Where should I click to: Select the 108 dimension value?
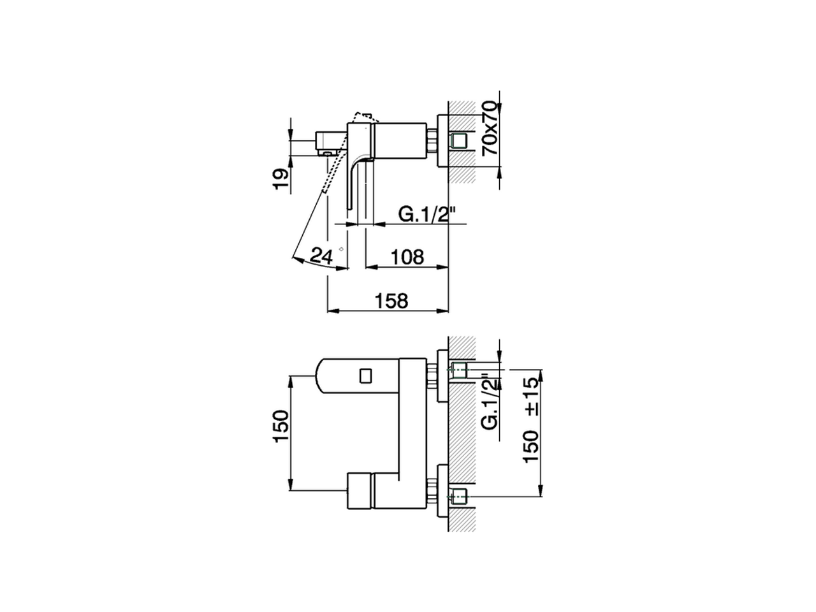pyautogui.click(x=407, y=257)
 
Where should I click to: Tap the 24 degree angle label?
pyautogui.click(x=322, y=256)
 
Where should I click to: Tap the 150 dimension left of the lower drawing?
pyautogui.click(x=281, y=428)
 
